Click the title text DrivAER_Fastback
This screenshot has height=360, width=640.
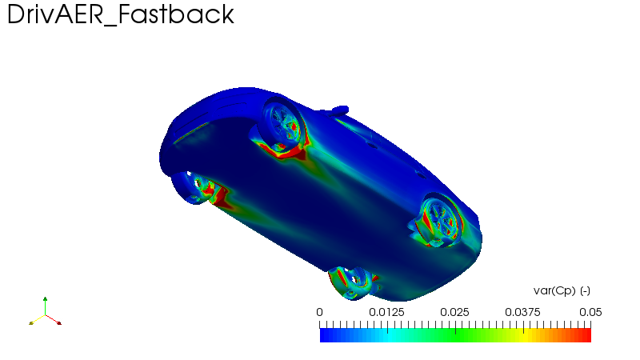(x=121, y=15)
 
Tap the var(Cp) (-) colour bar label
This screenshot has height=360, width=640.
(x=562, y=291)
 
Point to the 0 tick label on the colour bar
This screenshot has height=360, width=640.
(x=319, y=312)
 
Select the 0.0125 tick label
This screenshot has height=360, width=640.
(x=386, y=312)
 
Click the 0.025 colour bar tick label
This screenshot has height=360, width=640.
(x=454, y=312)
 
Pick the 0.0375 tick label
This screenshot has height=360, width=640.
(x=522, y=312)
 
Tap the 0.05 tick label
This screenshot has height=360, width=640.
(x=590, y=312)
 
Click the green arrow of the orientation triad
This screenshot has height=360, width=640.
(x=45, y=306)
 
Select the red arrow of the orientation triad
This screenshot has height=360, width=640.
(x=53, y=319)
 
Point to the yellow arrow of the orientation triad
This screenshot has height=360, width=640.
(x=37, y=319)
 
